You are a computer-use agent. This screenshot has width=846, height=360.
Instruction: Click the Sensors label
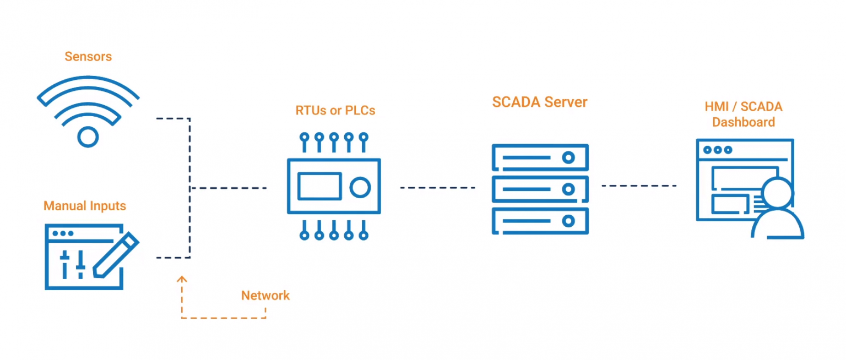coord(88,57)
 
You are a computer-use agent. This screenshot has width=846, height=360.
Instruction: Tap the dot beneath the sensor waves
coord(88,136)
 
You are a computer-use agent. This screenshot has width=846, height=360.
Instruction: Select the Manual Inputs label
coord(85,206)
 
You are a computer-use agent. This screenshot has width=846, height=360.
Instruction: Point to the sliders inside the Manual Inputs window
coord(73,264)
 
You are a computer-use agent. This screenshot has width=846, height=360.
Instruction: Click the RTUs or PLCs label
coord(335,111)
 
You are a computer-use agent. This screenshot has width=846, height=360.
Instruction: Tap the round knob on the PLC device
coord(360,187)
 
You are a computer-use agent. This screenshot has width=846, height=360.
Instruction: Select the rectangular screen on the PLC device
coord(319,186)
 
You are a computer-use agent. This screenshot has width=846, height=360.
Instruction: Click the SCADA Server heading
coord(540,102)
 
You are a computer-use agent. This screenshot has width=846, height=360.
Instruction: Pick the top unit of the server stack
coord(540,157)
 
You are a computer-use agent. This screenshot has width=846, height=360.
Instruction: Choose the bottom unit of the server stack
coord(540,221)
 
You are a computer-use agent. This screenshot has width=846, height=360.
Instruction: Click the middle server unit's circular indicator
coord(568,189)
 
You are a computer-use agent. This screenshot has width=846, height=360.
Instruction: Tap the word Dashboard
coord(743,122)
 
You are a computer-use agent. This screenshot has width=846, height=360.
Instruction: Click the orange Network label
coord(265,296)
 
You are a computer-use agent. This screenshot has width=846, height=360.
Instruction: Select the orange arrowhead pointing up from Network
coord(182,280)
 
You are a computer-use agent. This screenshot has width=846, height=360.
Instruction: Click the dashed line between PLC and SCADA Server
coord(437,188)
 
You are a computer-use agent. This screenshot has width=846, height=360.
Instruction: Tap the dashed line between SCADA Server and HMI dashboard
coord(639,186)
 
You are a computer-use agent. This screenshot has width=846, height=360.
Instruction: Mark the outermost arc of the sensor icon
coord(88,81)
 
